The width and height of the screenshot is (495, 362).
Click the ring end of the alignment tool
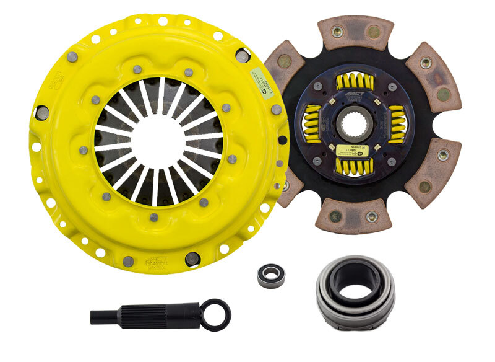pos(217,314)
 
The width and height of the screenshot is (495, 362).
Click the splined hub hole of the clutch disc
pos(354,123)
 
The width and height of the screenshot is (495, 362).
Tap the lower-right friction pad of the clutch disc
pos(433,172)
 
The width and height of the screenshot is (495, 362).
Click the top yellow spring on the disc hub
pos(355,81)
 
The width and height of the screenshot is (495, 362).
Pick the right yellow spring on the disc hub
pos(397,124)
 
